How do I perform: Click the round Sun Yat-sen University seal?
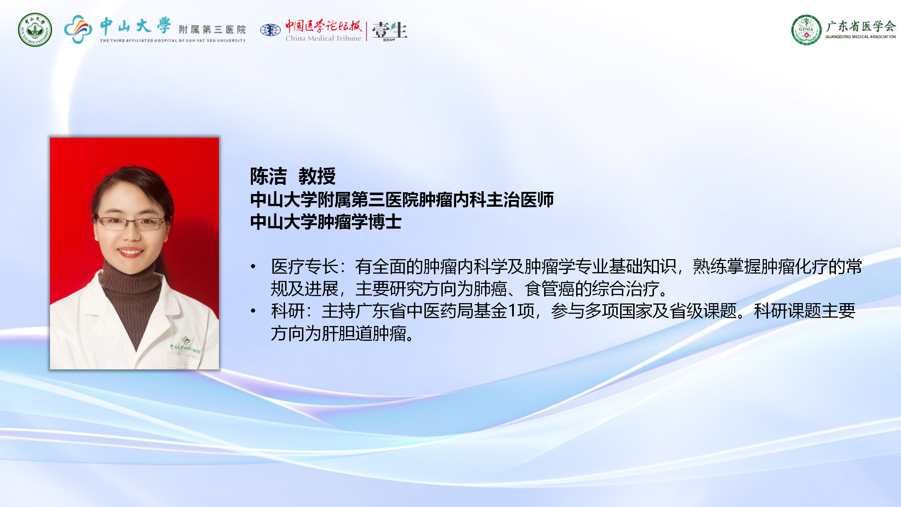click(35, 30)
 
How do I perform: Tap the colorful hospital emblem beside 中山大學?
click(78, 29)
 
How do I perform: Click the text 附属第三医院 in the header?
click(212, 30)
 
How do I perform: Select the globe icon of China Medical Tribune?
click(270, 30)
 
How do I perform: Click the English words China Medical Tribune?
click(323, 38)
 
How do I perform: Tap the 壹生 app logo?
click(390, 31)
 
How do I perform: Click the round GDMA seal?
click(806, 30)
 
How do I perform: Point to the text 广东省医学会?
click(861, 26)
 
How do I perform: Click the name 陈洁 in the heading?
click(269, 176)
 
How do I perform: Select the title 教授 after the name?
click(317, 176)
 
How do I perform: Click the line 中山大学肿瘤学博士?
click(326, 222)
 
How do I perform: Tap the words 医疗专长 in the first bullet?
click(305, 266)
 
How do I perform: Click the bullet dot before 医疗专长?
click(253, 267)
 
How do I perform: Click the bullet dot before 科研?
click(253, 311)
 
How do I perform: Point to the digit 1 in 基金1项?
click(512, 311)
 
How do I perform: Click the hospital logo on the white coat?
click(185, 345)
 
